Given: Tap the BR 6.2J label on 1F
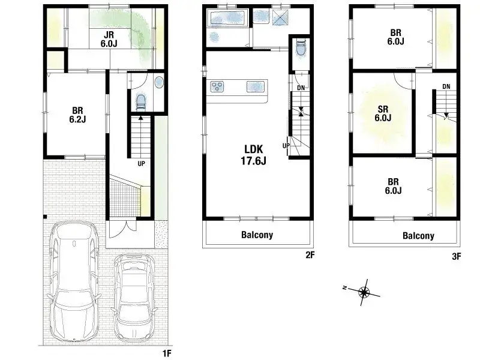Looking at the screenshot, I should [77, 115].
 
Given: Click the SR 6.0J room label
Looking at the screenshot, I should [383, 113].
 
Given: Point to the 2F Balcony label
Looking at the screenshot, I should [257, 235].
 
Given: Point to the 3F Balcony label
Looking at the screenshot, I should [418, 236].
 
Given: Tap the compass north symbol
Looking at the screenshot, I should [364, 292].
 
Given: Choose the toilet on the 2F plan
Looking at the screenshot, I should [301, 49].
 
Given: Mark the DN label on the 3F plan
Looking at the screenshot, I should [446, 87].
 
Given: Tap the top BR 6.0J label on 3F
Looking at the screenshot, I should [394, 37].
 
